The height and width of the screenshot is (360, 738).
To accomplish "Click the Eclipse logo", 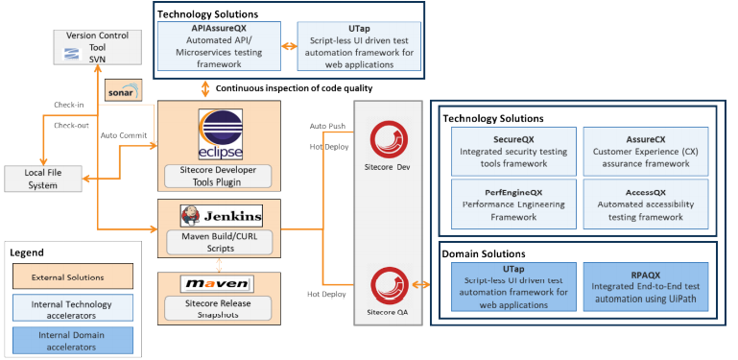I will coord(220,134).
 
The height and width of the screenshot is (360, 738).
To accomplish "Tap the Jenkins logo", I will coord(220,214).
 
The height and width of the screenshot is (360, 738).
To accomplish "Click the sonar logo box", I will coord(123,90).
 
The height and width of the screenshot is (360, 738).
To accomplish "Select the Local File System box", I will coord(41,178).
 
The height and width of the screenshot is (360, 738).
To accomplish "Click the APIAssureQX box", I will coord(221,47).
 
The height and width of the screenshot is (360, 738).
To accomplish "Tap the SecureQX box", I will coord(514,151).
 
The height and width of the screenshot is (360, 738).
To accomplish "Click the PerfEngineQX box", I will coord(514,204).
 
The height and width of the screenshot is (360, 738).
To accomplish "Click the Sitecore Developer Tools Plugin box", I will coord(220,177).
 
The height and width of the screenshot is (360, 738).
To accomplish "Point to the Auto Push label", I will coord(328,126).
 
